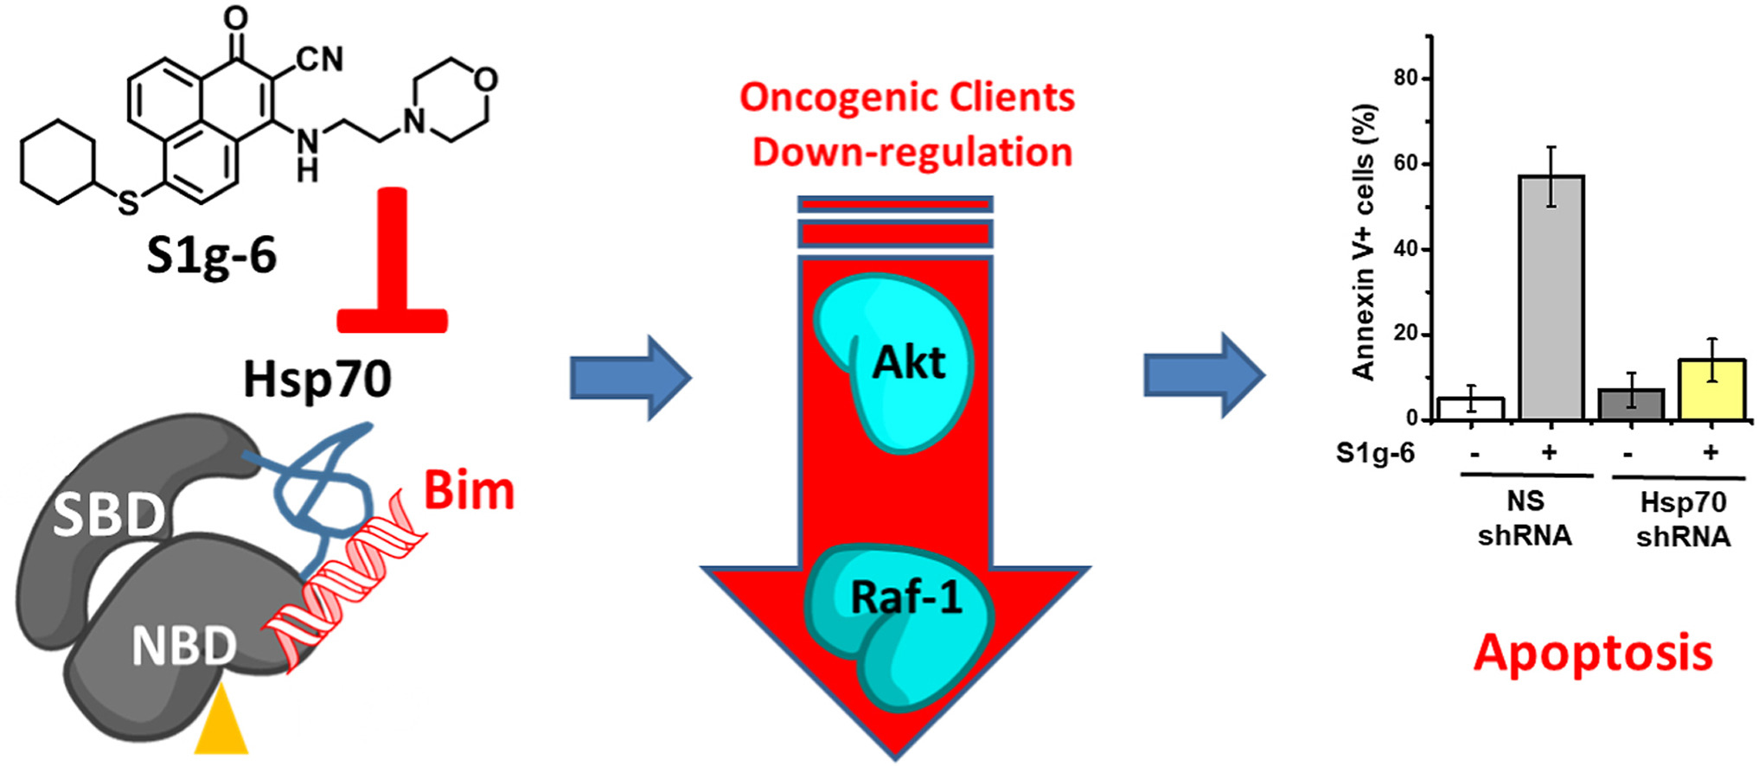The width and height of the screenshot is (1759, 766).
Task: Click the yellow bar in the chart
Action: click(x=1711, y=390)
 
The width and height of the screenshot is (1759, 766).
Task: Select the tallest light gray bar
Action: click(x=1551, y=297)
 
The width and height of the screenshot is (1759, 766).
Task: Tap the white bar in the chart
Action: click(x=1471, y=409)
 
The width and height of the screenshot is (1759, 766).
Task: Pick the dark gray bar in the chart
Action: click(x=1631, y=405)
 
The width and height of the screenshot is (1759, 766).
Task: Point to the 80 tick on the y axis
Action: click(x=1406, y=79)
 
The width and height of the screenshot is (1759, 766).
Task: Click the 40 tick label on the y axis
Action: click(x=1406, y=249)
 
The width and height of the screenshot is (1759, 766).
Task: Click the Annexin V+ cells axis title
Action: click(x=1364, y=242)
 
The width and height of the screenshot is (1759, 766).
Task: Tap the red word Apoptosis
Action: click(x=1593, y=653)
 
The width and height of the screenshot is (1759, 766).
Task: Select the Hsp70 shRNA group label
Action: click(x=1683, y=520)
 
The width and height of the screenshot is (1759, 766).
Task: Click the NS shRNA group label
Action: click(x=1525, y=519)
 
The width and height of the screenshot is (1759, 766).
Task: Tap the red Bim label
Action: click(x=469, y=491)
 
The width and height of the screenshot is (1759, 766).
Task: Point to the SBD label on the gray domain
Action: click(x=108, y=515)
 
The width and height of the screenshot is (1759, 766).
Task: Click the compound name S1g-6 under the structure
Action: click(x=211, y=255)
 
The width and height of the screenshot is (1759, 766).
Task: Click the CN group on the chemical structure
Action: click(x=319, y=60)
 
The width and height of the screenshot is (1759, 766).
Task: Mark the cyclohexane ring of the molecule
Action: click(x=58, y=163)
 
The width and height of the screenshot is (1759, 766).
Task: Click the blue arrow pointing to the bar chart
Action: click(x=1204, y=376)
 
